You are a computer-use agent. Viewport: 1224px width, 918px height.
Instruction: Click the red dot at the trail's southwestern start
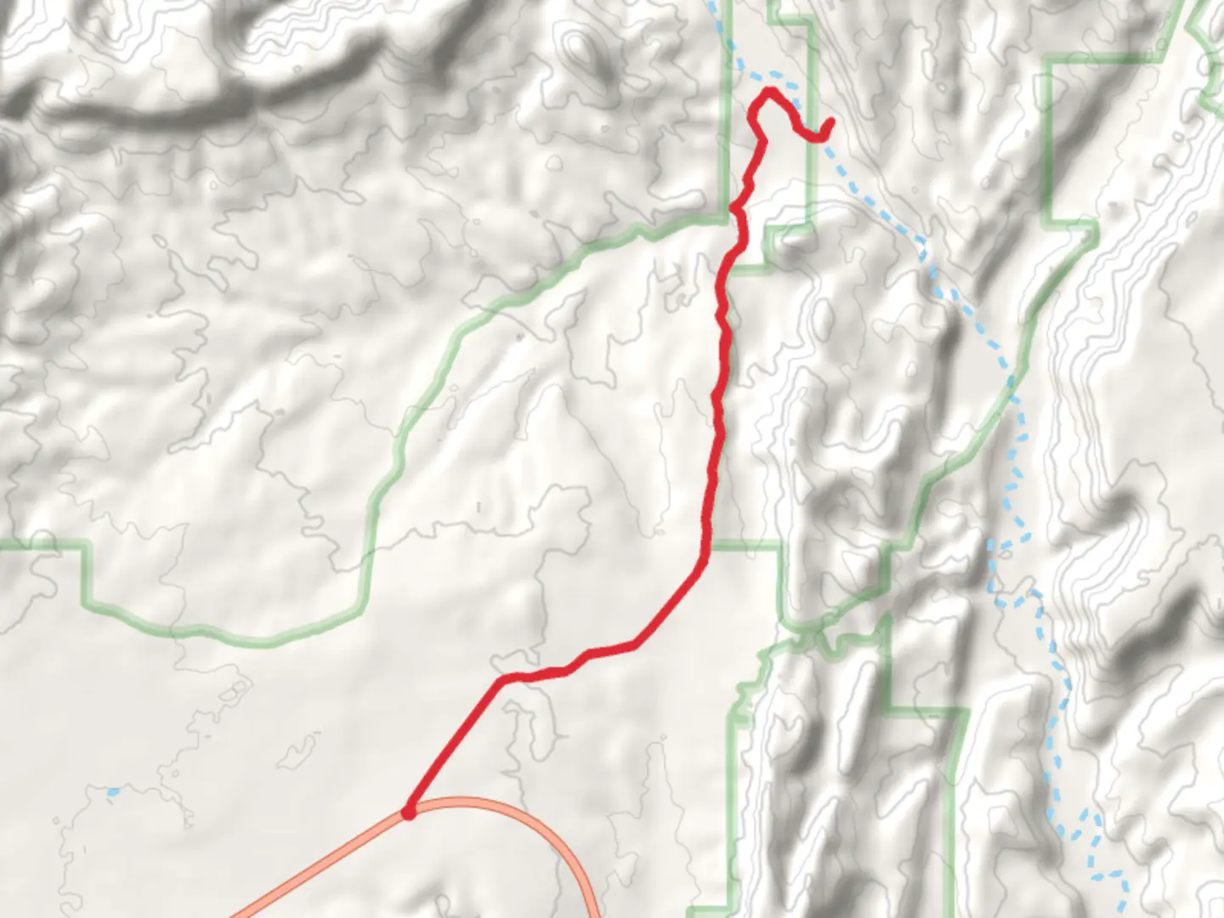coord(409,813)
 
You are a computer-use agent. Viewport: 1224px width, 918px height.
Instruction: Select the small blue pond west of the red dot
coord(113,792)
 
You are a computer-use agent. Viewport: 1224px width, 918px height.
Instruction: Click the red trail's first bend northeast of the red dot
coord(503,679)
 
